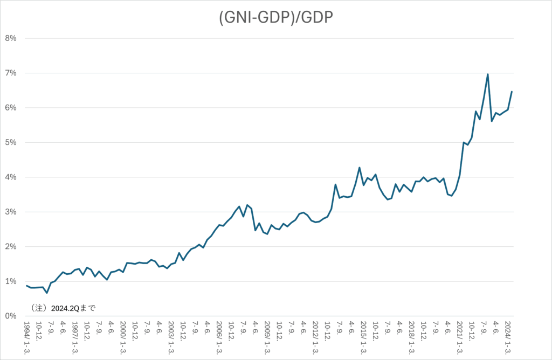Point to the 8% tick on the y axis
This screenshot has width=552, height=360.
pos(11,38)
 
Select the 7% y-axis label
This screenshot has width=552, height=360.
pos(11,73)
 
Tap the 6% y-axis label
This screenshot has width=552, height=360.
pos(11,108)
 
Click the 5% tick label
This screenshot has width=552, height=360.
pos(11,142)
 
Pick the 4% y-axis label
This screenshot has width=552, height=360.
pos(11,177)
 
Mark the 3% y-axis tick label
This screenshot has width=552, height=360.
pos(11,212)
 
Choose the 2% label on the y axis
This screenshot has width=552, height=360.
pos(11,247)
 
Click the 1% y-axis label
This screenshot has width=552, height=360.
pos(11,281)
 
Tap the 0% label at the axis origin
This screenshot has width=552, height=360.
pos(11,316)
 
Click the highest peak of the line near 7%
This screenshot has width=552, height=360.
pos(487,74)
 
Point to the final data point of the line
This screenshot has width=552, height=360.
pos(512,92)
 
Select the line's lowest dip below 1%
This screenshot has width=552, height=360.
pos(47,293)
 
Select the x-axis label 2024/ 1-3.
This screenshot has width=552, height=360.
pos(508,338)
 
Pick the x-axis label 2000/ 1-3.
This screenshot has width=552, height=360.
pos(123,338)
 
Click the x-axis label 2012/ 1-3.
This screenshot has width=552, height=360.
pos(316,338)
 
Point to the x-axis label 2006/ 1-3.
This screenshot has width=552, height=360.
pos(219,338)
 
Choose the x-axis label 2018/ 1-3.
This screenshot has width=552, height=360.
pos(412,338)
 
